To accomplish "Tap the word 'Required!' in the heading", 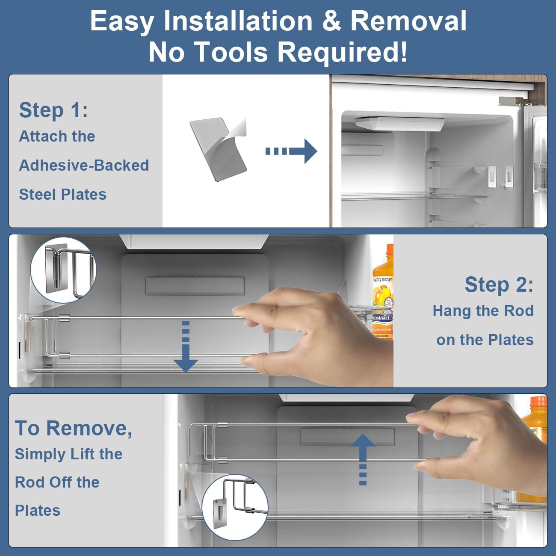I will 342,52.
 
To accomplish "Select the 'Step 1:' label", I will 53,110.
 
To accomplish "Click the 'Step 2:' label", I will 499,284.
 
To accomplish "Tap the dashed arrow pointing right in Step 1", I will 291,151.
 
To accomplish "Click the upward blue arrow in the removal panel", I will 363,459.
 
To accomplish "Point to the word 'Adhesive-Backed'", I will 84,166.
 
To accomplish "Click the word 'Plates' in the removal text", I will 38,510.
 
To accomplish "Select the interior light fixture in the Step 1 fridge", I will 399,123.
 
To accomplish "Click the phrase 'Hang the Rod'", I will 483,311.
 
